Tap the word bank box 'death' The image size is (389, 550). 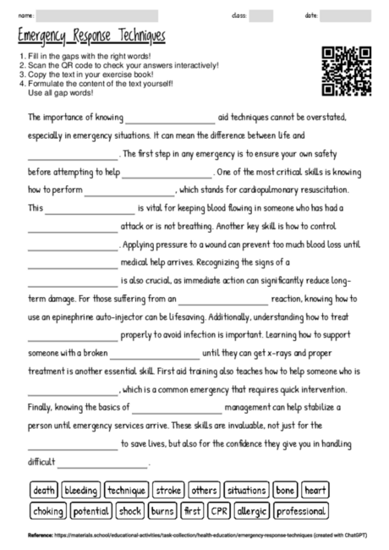tap(43, 490)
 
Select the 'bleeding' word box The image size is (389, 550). tap(81, 490)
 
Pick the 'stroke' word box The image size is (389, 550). tap(170, 490)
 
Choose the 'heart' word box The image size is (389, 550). tap(315, 490)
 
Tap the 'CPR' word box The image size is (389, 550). tap(220, 511)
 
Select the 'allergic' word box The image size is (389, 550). tap(252, 511)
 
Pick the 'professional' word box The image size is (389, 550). tap(301, 511)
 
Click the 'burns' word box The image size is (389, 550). tap(162, 511)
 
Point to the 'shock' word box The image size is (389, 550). tap(129, 511)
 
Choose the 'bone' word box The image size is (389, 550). tap(285, 490)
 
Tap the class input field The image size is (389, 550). tap(261, 15)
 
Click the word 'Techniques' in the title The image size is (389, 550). tap(136, 38)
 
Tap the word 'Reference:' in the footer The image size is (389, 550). tap(39, 536)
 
